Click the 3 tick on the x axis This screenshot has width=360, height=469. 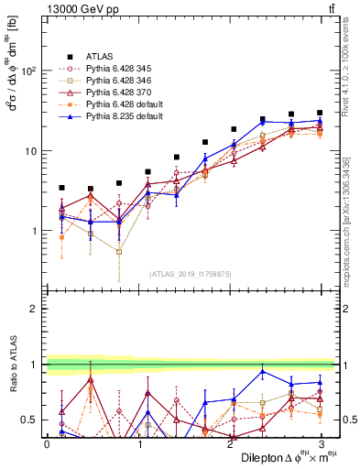322,444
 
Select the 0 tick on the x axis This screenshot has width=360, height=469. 47,444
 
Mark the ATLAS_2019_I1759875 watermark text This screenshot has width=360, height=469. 190,272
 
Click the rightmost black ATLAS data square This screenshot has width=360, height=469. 320,113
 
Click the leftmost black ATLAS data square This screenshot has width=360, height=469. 61,188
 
